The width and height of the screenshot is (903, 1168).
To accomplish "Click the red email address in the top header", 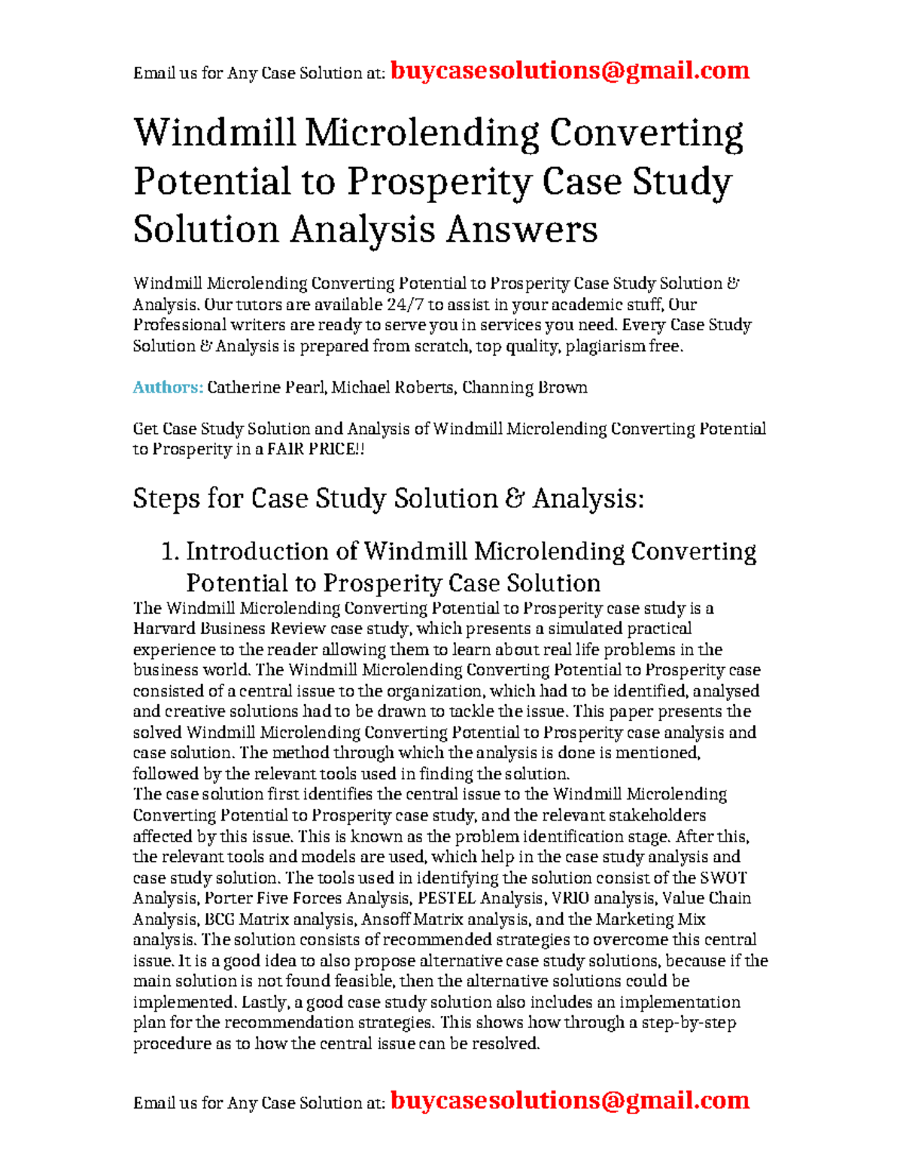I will (570, 71).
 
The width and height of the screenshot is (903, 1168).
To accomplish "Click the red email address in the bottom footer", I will (570, 1100).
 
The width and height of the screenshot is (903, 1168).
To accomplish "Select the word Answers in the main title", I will (521, 229).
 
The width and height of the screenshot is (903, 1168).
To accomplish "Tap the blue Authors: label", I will (168, 387).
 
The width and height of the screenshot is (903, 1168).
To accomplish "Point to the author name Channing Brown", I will (524, 387).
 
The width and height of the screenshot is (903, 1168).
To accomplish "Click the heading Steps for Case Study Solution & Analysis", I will (388, 499).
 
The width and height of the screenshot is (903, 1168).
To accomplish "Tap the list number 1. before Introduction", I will (170, 551).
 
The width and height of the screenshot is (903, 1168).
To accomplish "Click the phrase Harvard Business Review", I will (230, 629).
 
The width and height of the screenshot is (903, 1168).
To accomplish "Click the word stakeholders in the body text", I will (657, 815).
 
